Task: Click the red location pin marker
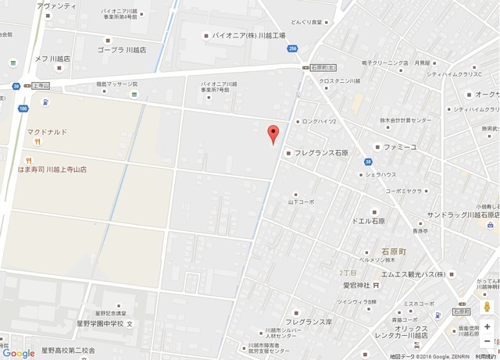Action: point(273,134)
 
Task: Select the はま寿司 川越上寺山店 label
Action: point(55,169)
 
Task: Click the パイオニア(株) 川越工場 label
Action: point(248,35)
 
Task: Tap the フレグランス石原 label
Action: point(321,152)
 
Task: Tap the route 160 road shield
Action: point(23,109)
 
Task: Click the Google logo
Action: point(19,353)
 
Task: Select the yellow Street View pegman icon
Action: point(487,308)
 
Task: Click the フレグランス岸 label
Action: point(309,322)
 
